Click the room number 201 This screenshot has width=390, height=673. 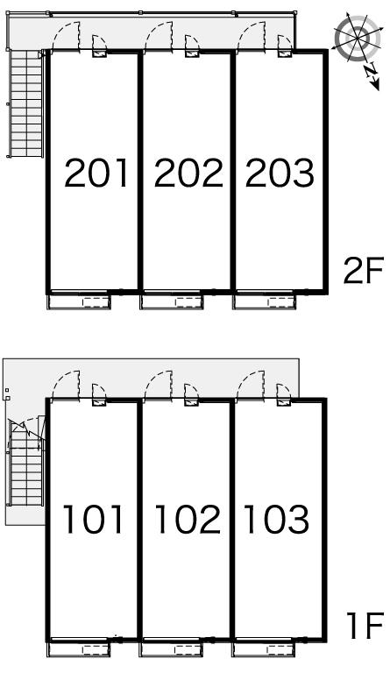coord(96,173)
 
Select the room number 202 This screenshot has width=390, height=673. coord(188,173)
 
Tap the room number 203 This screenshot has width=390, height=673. coord(280,173)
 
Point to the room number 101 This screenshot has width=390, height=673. coord(93,520)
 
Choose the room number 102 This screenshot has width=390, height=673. coord(188,520)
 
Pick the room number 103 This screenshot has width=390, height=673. coord(277,520)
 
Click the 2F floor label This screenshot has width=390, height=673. coord(363,271)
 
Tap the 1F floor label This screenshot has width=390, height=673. coord(365,626)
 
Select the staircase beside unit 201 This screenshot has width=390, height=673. coord(26,104)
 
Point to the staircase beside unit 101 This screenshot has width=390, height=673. coord(26,462)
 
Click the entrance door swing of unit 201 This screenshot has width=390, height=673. coord(67,36)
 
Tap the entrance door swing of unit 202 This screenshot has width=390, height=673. coord(160,36)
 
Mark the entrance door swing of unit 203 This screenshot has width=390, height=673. coord(252,36)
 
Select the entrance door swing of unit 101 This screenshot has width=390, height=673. coord(67,385)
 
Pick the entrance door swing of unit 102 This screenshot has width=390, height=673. coord(160,385)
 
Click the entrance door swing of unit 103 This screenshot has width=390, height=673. coord(252,385)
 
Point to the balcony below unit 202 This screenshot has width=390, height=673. coord(172,301)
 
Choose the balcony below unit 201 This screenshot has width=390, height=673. coord(79,301)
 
